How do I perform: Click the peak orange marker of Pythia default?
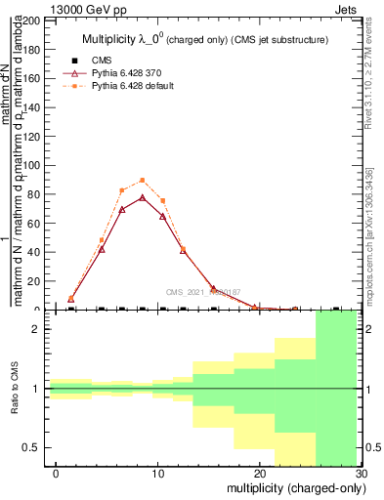143,180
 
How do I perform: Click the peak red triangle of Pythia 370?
143,197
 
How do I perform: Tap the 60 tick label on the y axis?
34,223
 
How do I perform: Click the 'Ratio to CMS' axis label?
14,389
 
